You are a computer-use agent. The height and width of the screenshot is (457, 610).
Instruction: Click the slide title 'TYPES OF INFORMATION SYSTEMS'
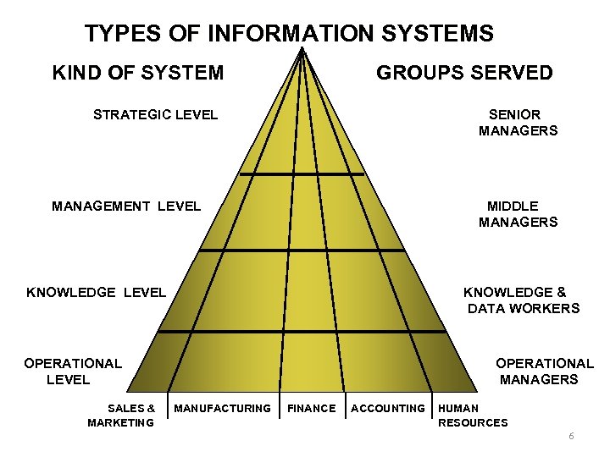pos(289,34)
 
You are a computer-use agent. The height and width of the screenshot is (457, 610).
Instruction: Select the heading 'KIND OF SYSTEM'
pos(138,73)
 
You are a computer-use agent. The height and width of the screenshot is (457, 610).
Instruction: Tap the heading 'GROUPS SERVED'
pos(464,73)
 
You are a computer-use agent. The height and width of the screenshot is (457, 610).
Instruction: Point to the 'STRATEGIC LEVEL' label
pos(155,114)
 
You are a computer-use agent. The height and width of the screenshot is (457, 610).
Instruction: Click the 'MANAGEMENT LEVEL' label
pos(126,206)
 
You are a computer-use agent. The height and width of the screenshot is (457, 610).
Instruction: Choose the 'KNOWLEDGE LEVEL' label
pos(97,293)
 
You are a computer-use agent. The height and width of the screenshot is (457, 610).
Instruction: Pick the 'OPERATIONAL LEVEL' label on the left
pos(73,372)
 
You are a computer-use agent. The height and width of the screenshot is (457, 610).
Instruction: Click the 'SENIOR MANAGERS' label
pos(517,123)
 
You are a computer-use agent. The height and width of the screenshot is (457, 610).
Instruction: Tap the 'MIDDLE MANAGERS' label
pos(517,214)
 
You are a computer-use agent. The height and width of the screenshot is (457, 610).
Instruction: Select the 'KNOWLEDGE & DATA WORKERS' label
pos(522,300)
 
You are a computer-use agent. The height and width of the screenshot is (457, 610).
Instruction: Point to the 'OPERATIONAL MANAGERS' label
pos(543,372)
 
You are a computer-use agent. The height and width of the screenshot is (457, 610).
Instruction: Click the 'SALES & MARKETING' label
pos(121,416)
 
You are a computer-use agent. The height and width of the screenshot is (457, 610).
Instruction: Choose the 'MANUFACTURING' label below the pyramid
pos(222,409)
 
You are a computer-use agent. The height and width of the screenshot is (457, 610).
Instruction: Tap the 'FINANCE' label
pos(312,409)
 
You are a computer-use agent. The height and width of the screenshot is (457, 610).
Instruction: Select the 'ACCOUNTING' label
pos(388,409)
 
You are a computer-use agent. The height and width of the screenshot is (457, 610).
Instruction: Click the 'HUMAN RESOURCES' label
pos(472,416)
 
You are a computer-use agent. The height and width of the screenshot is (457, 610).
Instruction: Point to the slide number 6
pos(571,436)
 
